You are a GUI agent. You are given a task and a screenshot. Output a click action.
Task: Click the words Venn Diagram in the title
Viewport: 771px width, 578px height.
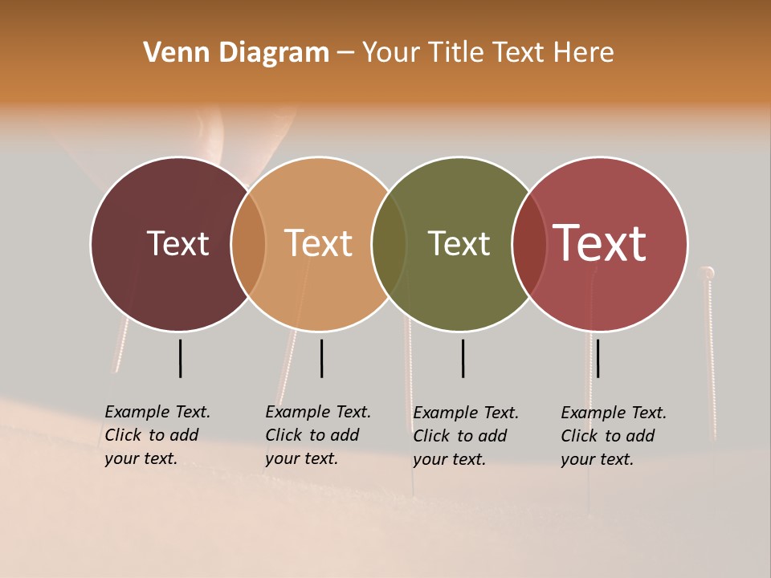click(x=236, y=53)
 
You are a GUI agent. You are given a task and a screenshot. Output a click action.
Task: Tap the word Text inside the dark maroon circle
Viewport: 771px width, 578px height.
click(x=177, y=243)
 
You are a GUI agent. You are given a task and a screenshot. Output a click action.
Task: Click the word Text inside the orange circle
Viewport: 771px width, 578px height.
click(x=318, y=243)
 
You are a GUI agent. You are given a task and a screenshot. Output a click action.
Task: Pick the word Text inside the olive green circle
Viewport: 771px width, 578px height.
click(x=459, y=243)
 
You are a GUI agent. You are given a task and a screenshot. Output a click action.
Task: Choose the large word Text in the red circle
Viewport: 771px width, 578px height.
click(x=600, y=243)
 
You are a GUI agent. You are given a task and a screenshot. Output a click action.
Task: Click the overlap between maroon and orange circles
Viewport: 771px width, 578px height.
click(x=248, y=243)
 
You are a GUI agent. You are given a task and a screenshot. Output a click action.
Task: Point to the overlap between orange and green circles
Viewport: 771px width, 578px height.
click(x=389, y=243)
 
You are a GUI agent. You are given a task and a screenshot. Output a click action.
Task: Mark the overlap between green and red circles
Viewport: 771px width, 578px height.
click(x=529, y=243)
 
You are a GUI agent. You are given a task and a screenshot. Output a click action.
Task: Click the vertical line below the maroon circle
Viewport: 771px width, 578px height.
click(x=181, y=358)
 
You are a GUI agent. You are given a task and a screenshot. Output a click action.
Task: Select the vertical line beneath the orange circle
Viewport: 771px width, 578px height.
click(x=321, y=358)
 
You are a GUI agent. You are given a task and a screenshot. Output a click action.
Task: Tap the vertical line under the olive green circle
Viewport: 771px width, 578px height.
click(x=463, y=358)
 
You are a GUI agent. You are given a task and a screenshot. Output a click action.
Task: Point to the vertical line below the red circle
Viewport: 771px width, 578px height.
click(x=598, y=358)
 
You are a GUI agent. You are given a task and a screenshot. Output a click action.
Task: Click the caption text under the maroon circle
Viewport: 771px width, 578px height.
click(x=157, y=435)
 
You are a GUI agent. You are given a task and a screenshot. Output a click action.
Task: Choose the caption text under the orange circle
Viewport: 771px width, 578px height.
click(x=318, y=435)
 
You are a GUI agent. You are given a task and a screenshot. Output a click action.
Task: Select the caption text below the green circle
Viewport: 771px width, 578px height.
click(x=466, y=436)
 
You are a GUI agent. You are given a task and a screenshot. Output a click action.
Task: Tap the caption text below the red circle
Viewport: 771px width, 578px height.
click(x=614, y=436)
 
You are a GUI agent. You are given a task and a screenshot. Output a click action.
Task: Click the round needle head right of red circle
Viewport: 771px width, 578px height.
click(x=708, y=273)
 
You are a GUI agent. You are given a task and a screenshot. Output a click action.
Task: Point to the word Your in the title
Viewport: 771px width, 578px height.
click(x=391, y=53)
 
